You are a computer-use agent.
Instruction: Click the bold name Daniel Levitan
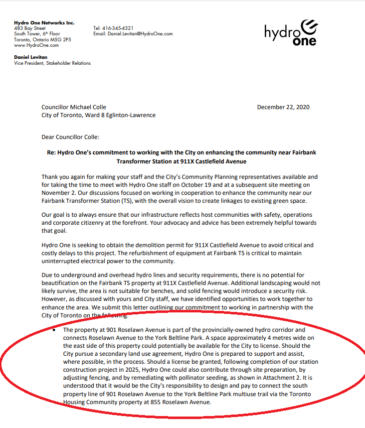pos(31,57)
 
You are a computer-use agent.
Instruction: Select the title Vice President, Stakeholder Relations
pos(52,63)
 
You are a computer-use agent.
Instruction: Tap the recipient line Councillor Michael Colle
pos(74,107)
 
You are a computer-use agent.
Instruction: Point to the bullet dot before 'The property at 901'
pos(54,330)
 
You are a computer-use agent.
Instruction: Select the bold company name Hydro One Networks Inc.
pos(44,22)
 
